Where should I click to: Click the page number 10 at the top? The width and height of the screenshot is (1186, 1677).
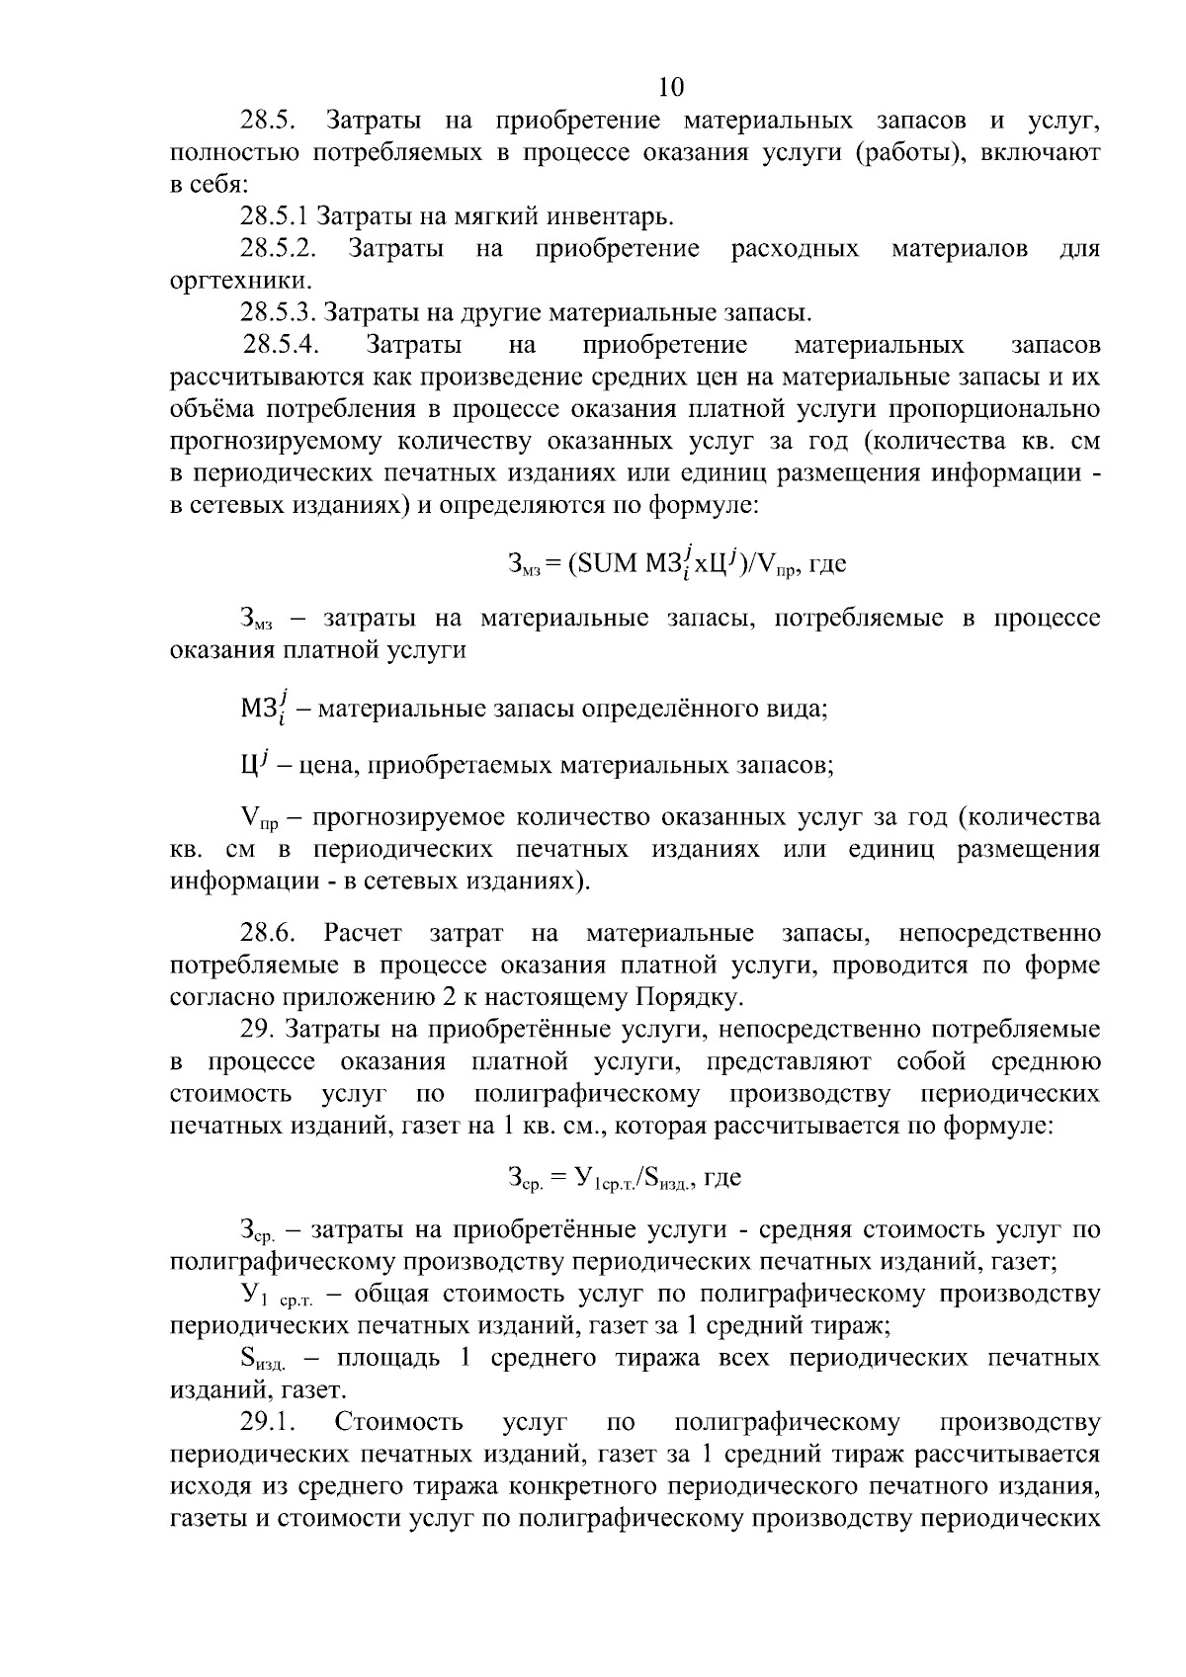click(670, 87)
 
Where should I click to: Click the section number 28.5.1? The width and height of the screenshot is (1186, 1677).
click(280, 217)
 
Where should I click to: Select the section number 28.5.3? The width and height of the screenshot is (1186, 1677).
click(280, 313)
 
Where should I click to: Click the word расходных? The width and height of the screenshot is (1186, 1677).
click(795, 249)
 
